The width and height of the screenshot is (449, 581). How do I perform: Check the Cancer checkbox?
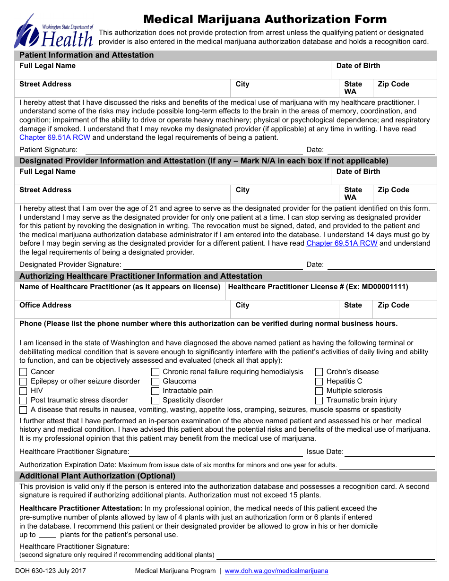(x=23, y=372)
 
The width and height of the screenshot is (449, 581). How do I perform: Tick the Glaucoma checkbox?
(x=155, y=382)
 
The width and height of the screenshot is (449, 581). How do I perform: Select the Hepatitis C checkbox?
(x=319, y=382)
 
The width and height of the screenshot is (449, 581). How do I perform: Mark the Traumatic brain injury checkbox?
(x=319, y=401)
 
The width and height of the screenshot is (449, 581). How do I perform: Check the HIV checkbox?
(x=23, y=391)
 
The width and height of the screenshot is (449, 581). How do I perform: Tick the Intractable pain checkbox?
(x=155, y=391)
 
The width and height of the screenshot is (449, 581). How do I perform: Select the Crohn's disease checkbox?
(x=319, y=372)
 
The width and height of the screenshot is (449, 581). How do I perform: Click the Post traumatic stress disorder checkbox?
(x=23, y=401)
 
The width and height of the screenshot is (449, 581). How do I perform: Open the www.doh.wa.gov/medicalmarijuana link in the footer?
(x=276, y=571)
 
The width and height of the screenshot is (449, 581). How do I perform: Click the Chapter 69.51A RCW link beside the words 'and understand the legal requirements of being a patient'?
(x=55, y=138)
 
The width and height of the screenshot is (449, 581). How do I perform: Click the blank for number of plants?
(x=47, y=535)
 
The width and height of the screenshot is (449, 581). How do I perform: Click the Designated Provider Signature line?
(x=213, y=265)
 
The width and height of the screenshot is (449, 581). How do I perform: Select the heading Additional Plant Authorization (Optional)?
(x=97, y=476)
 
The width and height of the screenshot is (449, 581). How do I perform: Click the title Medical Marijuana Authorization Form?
(x=265, y=19)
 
